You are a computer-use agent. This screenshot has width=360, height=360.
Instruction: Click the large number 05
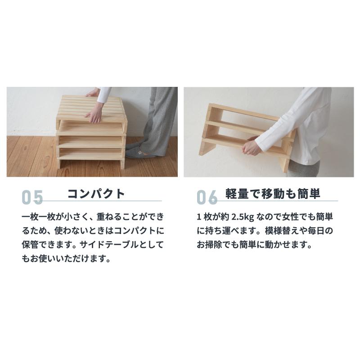[x=32, y=198]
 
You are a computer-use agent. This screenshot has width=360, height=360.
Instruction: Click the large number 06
[x=207, y=198]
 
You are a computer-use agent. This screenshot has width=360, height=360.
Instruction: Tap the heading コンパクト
[x=96, y=193]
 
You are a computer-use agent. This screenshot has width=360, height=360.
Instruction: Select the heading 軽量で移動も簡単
[x=273, y=193]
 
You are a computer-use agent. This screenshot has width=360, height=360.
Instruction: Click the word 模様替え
[x=281, y=231]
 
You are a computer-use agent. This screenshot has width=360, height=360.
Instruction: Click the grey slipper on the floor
[x=136, y=153]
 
